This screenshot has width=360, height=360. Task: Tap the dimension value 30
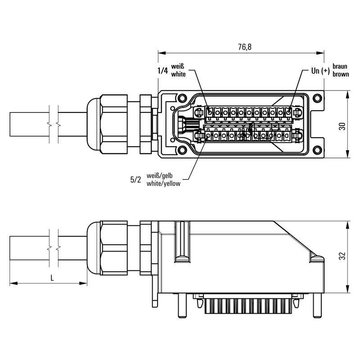pyautogui.click(x=342, y=126)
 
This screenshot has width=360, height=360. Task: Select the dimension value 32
pyautogui.click(x=342, y=256)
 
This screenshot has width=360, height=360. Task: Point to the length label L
pyautogui.click(x=52, y=278)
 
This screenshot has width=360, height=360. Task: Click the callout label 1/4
pyautogui.click(x=163, y=71)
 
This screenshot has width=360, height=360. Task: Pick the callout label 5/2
pyautogui.click(x=135, y=180)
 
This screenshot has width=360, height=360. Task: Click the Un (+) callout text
pyautogui.click(x=320, y=71)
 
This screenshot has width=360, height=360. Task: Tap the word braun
pyautogui.click(x=340, y=67)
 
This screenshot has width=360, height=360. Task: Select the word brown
pyautogui.click(x=341, y=74)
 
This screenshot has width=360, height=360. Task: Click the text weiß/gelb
pyautogui.click(x=160, y=176)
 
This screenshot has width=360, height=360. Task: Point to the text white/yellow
pyautogui.click(x=163, y=184)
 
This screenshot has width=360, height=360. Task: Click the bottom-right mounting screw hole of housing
pyautogui.click(x=317, y=151)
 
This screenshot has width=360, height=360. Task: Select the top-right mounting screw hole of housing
pyautogui.click(x=317, y=99)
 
